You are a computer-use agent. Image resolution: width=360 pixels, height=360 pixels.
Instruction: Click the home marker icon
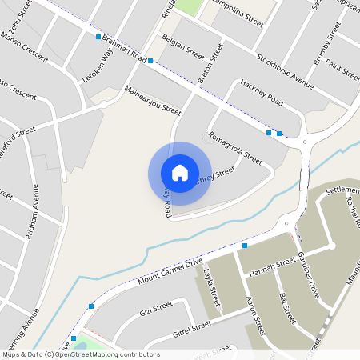(x=180, y=173)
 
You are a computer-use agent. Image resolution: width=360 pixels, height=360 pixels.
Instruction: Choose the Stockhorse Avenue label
(x=285, y=70)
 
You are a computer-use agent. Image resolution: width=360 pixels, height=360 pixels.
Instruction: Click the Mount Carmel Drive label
(x=170, y=272)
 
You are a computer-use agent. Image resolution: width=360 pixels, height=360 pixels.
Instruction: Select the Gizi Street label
(x=156, y=310)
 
